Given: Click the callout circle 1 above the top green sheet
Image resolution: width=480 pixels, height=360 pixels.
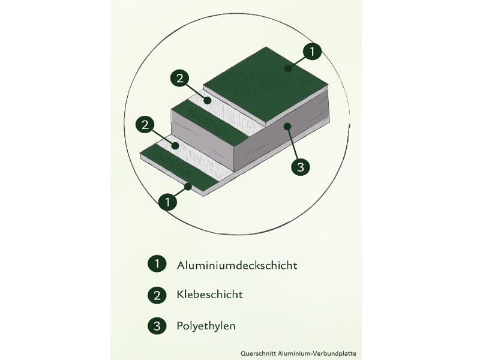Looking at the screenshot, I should click(311, 52).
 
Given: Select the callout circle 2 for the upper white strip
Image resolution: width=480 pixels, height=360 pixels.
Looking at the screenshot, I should click(180, 78).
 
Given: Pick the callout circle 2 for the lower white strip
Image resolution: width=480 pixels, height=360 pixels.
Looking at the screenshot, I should click(145, 125).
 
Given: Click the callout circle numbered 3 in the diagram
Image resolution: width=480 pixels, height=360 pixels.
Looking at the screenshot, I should click(300, 166).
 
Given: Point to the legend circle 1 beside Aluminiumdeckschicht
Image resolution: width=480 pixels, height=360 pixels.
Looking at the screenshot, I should click(156, 264).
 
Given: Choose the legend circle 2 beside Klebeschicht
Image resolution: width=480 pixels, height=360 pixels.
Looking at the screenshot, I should click(156, 295).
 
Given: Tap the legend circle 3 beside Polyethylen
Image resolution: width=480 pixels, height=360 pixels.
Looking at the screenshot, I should click(156, 326).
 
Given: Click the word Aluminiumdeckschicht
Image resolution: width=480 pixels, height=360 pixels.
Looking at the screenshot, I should click(237, 265).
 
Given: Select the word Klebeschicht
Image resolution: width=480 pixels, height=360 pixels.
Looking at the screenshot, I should click(209, 295).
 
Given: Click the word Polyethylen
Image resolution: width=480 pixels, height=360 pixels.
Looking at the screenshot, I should click(206, 327).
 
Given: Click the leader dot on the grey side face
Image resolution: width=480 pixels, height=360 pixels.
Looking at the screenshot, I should click(287, 126).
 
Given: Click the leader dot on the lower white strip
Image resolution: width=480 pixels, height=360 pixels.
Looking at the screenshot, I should click(175, 146).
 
